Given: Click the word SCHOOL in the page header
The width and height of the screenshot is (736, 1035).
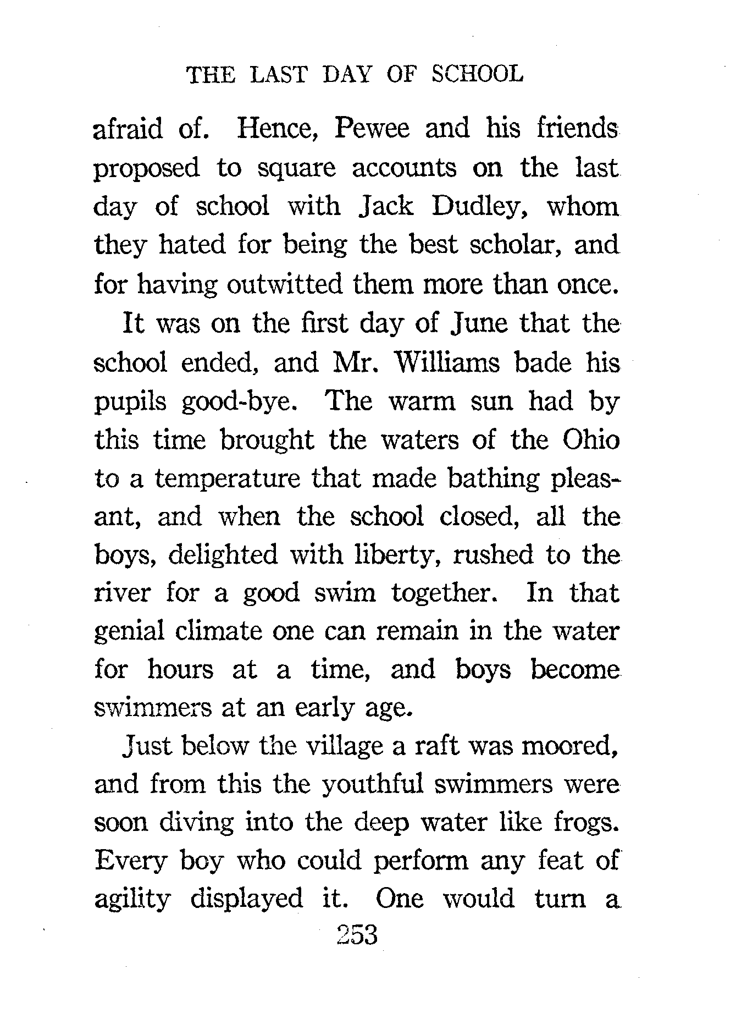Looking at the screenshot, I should tap(477, 74).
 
